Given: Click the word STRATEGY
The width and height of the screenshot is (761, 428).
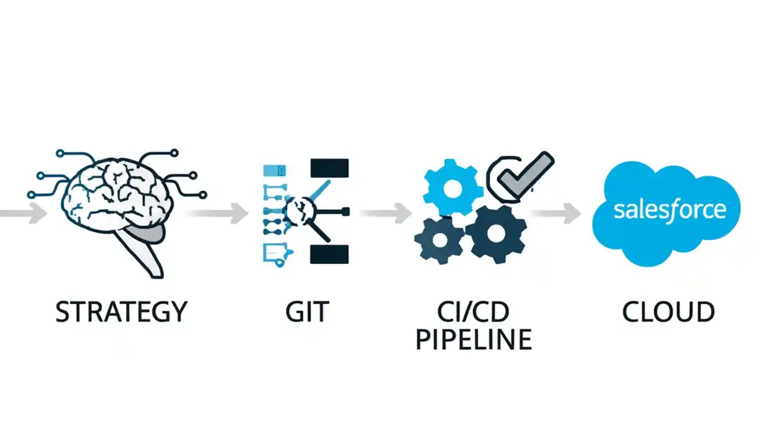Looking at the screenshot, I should (121, 312).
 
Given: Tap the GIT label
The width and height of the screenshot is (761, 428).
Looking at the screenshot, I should (307, 312).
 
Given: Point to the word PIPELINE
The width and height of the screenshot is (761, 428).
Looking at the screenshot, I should (473, 339).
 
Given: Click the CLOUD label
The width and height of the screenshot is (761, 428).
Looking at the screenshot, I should (668, 312).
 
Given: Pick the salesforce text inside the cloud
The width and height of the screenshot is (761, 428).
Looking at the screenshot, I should (669, 210).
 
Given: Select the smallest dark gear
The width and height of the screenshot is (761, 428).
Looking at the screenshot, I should (439, 240).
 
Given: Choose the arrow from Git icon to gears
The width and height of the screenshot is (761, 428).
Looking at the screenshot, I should (386, 213).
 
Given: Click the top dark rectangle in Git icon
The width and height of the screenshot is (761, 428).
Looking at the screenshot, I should (329, 168).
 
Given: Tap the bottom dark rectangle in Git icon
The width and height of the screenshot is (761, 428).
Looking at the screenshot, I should (329, 254).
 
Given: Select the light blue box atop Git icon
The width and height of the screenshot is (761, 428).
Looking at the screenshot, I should (274, 171).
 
